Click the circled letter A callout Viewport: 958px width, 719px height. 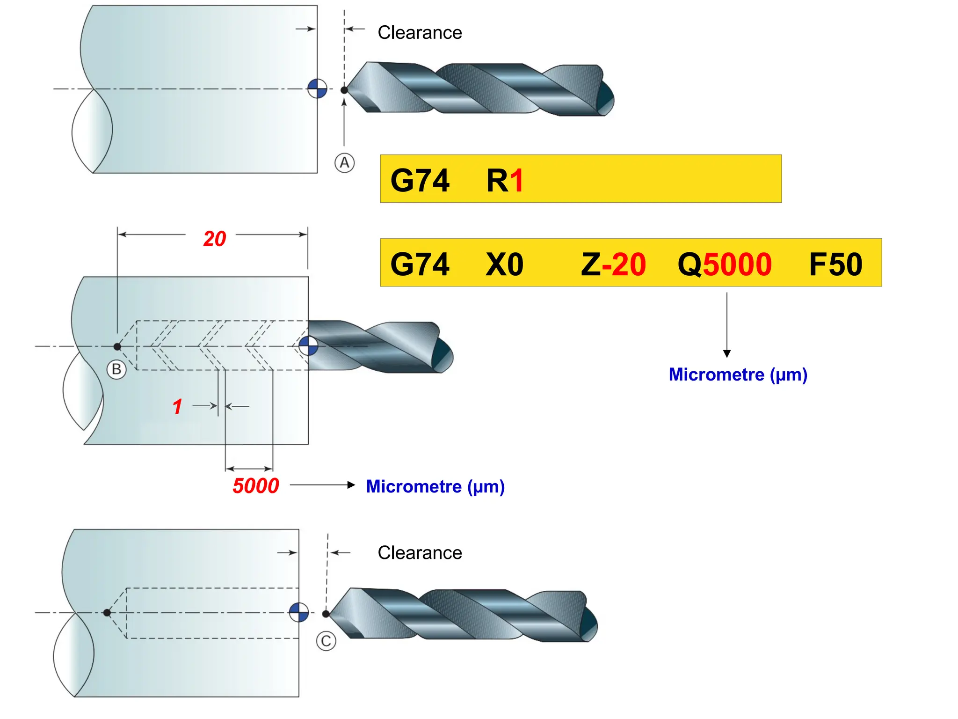(x=344, y=163)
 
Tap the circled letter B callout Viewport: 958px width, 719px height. (x=116, y=369)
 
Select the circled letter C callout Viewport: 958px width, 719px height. (x=326, y=641)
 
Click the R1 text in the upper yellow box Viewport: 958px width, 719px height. (x=505, y=181)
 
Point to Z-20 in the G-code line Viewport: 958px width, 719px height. (x=613, y=264)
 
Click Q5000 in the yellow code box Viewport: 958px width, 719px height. (x=724, y=264)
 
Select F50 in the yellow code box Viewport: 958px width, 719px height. (x=835, y=264)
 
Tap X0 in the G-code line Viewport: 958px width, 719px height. (x=504, y=264)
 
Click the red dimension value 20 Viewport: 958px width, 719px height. (x=214, y=239)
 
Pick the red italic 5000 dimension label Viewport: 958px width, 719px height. (x=256, y=486)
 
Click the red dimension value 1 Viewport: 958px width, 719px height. (x=177, y=407)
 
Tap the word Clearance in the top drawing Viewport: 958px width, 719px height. (x=420, y=33)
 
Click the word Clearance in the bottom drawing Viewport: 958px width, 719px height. (x=420, y=553)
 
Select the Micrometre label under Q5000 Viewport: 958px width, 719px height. (x=738, y=374)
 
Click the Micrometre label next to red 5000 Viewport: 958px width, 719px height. (x=435, y=486)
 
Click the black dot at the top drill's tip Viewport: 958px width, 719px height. (x=344, y=90)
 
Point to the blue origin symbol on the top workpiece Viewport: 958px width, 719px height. (x=317, y=88)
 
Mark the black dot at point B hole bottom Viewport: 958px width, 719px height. (x=117, y=346)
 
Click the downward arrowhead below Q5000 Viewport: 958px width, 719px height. (x=727, y=353)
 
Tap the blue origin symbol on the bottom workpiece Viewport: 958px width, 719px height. (x=299, y=612)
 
